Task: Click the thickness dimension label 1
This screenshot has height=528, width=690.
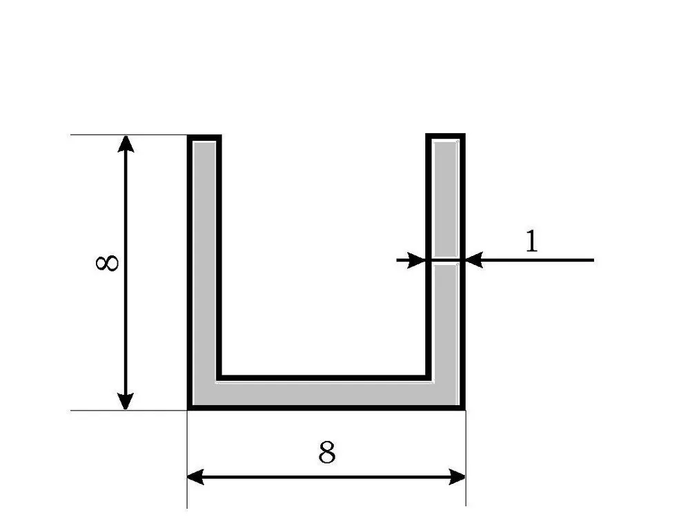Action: pos(532,241)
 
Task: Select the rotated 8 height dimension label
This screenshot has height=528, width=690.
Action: pos(107,263)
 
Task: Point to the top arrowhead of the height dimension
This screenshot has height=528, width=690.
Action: pos(126,144)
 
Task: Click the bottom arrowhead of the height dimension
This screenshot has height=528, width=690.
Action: pos(126,401)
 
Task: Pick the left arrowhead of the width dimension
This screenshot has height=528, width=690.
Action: pos(195,477)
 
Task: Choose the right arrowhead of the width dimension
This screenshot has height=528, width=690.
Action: pos(457,477)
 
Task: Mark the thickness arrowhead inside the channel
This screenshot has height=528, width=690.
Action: pos(417,260)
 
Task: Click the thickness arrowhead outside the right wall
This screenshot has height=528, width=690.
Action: pos(474,260)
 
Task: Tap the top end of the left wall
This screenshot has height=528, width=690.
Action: pos(204,137)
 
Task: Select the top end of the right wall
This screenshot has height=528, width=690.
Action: pos(445,136)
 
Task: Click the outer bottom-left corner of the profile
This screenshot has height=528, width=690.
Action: pos(188,409)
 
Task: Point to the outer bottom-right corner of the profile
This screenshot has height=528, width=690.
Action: pos(464,409)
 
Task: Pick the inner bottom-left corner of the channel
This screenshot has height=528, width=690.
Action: pos(219,378)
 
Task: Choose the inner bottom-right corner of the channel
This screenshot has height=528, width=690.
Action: pos(428,378)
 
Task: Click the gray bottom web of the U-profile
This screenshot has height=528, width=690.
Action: pos(326,394)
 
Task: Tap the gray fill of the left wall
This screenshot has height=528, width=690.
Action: pos(204,264)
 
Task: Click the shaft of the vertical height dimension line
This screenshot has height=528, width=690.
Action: pos(126,273)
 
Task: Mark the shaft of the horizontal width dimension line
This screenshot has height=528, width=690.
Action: pos(326,477)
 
